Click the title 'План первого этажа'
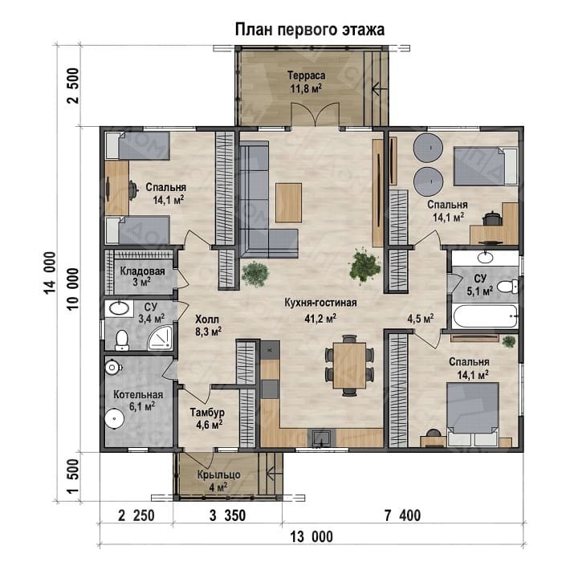click(310, 30)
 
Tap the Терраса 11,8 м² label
click(306, 82)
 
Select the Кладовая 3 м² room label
click(143, 276)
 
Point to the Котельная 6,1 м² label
click(138, 401)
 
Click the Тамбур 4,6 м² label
click(207, 418)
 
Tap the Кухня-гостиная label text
click(320, 303)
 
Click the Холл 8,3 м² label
click(207, 325)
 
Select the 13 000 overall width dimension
click(311, 537)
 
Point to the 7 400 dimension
click(403, 515)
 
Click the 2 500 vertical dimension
click(73, 85)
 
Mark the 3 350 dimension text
click(227, 515)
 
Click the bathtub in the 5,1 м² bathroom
click(485, 316)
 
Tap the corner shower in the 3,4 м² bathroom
click(161, 338)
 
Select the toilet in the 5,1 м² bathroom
click(508, 286)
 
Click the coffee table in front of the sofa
click(289, 203)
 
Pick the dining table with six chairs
click(350, 365)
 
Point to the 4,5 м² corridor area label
click(420, 319)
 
